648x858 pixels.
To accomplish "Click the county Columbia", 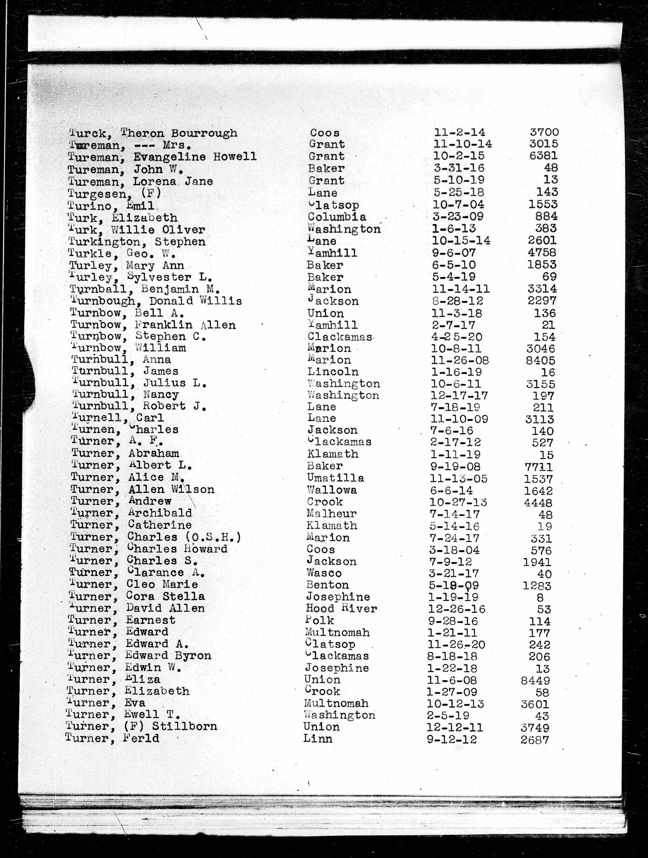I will [337, 217].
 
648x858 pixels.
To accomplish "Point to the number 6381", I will [543, 156].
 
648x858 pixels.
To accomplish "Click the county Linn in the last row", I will [317, 738].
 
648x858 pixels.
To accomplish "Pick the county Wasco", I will [324, 573].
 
